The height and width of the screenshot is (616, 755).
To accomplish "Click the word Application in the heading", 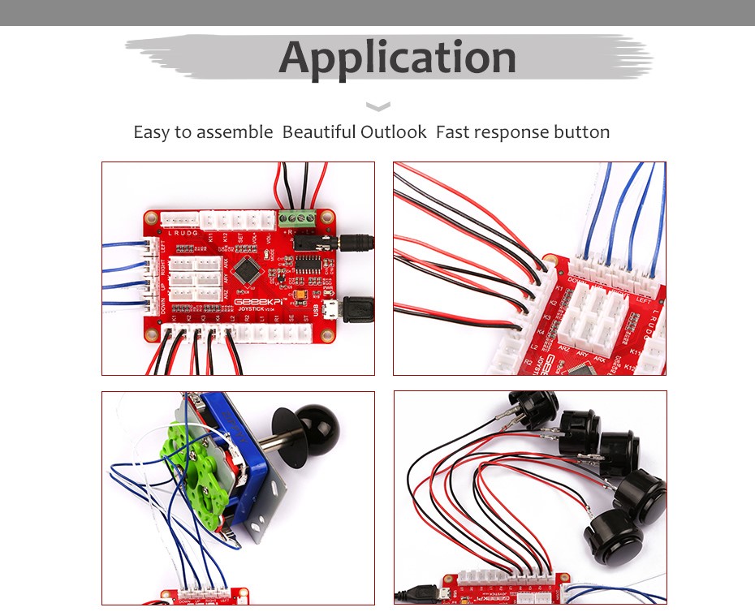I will [x=398, y=58].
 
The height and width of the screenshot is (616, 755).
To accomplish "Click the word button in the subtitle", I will [x=581, y=131].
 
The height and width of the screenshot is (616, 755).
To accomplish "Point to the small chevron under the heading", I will [x=378, y=106].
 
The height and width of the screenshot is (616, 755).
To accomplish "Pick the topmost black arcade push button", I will [x=533, y=407].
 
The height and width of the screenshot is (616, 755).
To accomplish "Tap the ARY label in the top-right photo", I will [x=582, y=350].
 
